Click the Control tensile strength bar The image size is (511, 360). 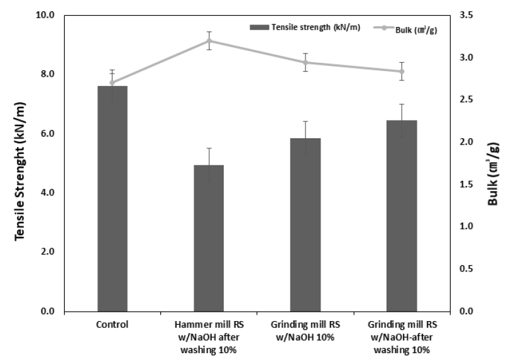[x=113, y=198]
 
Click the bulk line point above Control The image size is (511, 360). [x=113, y=82]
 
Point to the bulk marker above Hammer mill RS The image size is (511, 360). [x=209, y=41]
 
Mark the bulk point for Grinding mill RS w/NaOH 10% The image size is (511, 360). [x=305, y=62]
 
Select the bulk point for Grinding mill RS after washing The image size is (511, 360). [x=401, y=71]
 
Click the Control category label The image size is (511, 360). [x=113, y=325]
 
